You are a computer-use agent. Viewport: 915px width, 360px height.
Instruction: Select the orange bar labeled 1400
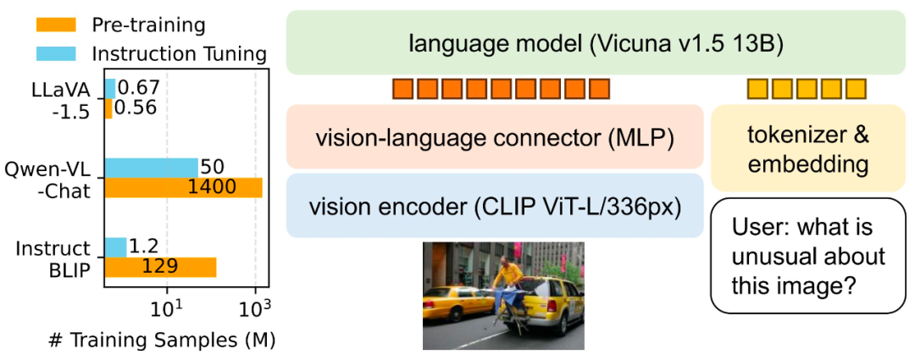[184, 187]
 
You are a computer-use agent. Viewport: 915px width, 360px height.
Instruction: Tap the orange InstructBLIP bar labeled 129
[160, 267]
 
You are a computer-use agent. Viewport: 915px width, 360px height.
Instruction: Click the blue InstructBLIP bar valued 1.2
[115, 247]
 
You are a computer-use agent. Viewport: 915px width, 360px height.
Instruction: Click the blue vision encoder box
[495, 206]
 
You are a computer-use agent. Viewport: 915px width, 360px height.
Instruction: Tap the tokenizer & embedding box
[801, 149]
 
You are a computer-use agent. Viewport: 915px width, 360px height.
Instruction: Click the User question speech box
[801, 255]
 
